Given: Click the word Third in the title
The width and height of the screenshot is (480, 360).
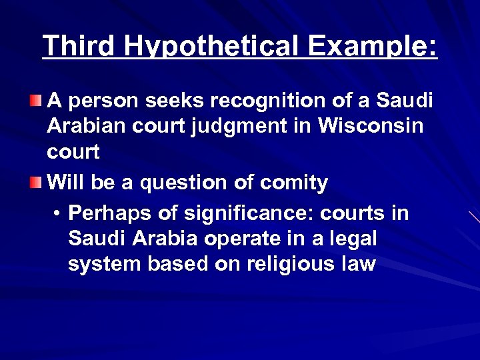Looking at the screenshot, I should click(x=79, y=46).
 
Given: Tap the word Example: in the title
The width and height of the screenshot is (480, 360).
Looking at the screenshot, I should click(x=373, y=46).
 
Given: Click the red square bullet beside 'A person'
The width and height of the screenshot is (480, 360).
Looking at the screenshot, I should click(x=35, y=101).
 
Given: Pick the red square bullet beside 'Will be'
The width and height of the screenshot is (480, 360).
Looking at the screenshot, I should click(x=35, y=183).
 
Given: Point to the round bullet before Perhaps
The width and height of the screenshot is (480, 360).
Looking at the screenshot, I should click(x=59, y=214).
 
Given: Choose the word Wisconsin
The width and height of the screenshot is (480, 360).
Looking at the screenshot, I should click(x=371, y=126).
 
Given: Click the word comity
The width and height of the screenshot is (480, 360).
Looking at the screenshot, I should click(x=293, y=183).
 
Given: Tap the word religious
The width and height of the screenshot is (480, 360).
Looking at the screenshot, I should click(x=291, y=263).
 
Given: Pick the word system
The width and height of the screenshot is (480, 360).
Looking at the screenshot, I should click(x=105, y=263).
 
